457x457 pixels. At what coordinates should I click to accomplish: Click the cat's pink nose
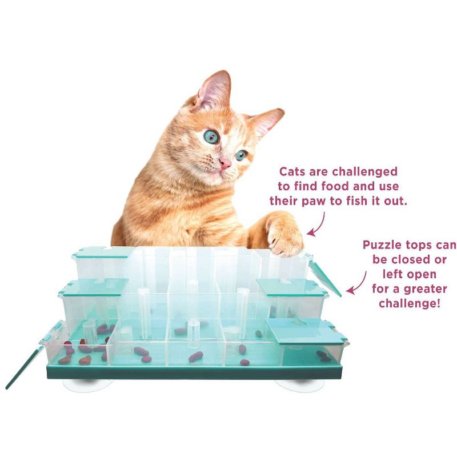click(225, 163)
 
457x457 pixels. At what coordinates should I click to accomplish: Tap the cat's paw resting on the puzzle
click(286, 233)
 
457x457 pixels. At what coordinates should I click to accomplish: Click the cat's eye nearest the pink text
click(241, 155)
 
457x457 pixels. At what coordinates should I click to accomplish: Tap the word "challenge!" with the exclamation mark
click(410, 304)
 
